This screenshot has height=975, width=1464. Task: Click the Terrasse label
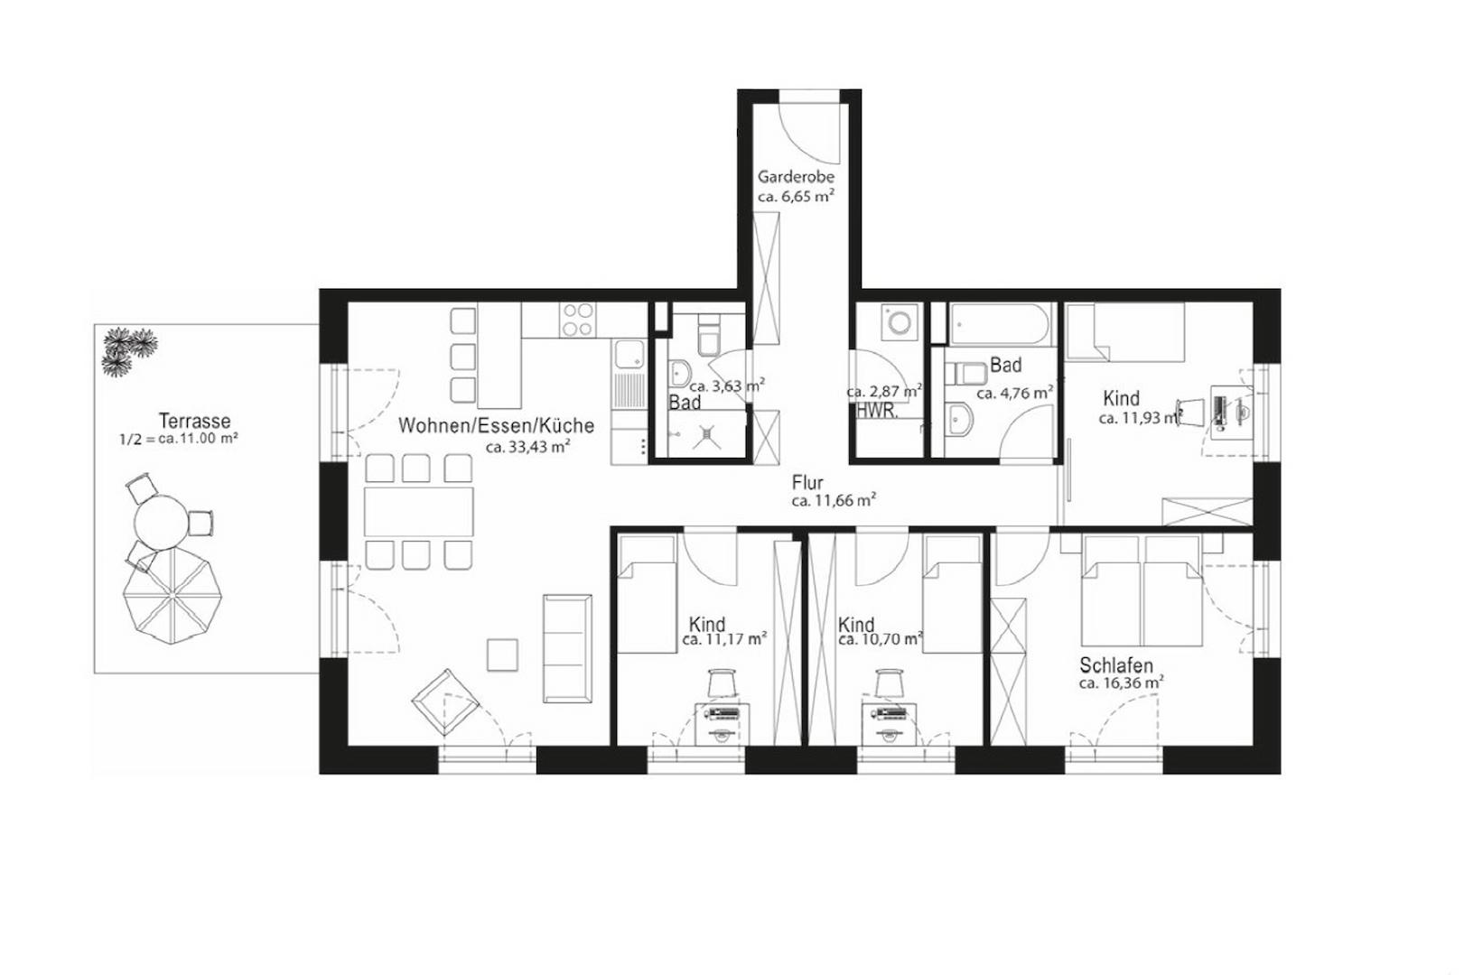(x=194, y=421)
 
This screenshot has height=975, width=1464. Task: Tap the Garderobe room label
(x=795, y=177)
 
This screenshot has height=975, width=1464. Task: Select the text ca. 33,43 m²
(x=527, y=446)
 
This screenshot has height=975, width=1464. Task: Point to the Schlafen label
(x=1115, y=666)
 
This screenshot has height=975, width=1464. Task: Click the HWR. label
(x=876, y=412)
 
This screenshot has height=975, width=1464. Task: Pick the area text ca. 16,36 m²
(x=1120, y=683)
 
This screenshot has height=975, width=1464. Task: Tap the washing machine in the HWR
(x=900, y=321)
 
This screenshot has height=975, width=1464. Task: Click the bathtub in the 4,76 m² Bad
(x=1001, y=325)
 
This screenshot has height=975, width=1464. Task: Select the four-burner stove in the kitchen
(x=578, y=320)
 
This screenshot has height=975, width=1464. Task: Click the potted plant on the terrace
(x=127, y=351)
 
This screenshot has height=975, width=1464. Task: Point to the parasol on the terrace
(x=173, y=597)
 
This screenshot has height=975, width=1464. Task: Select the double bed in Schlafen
(x=1143, y=591)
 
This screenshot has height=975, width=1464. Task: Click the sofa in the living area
(x=567, y=648)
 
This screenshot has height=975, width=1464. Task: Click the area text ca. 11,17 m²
(x=725, y=639)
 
